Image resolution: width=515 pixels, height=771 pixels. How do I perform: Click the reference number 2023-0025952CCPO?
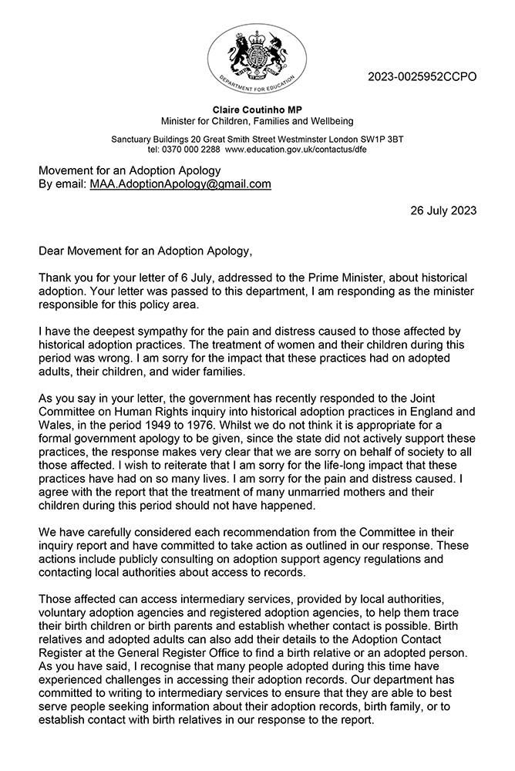[422, 76]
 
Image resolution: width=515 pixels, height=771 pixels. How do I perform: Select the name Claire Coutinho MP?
[257, 109]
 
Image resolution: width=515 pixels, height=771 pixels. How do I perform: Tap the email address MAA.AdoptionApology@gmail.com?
[180, 184]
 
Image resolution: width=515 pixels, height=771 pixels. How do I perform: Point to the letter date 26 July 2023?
[440, 210]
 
